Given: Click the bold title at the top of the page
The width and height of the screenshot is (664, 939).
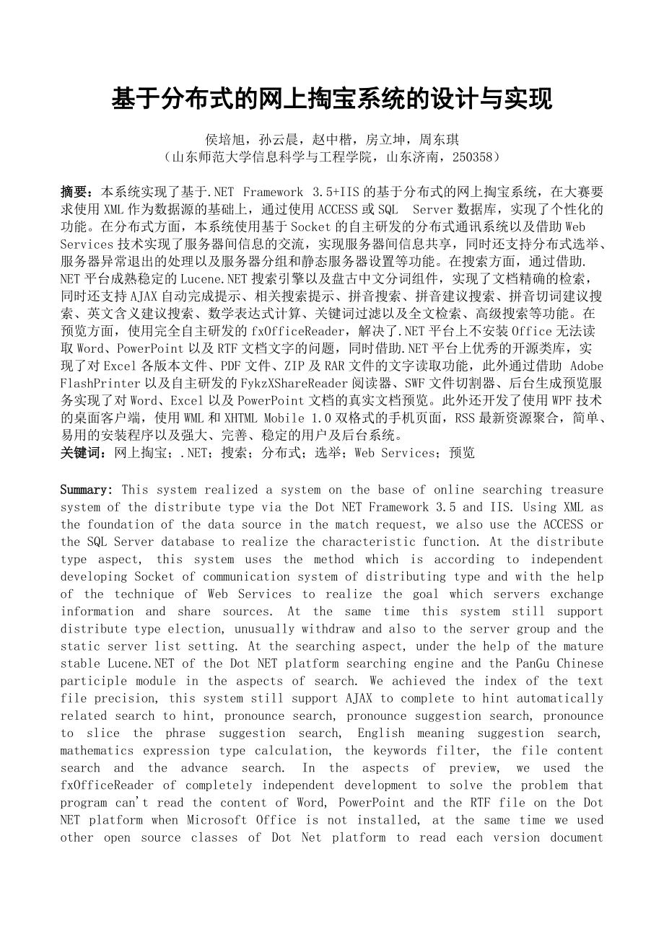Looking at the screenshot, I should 331,100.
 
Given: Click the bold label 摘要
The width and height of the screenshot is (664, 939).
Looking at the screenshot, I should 76,192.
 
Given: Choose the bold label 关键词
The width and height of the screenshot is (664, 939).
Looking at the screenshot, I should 81,452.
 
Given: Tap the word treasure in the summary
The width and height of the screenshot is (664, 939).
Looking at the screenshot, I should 577,490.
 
